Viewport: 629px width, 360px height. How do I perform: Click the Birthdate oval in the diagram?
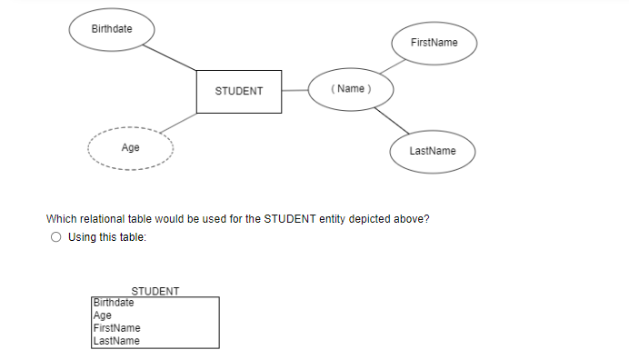[112, 29]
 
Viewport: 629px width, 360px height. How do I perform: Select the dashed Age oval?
[130, 147]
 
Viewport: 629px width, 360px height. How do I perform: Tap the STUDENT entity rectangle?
[239, 91]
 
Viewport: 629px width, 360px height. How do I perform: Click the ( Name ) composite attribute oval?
[350, 88]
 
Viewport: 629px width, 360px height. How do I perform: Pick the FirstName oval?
[434, 43]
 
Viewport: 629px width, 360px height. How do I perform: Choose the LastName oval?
[433, 150]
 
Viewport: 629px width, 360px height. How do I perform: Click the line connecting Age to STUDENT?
[177, 125]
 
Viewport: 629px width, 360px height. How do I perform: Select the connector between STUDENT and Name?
[295, 89]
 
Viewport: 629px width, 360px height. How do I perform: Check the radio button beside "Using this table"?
[56, 237]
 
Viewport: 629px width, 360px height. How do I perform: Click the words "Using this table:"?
[106, 237]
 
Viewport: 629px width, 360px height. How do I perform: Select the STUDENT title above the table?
[155, 291]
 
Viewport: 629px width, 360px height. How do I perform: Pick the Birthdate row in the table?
[114, 302]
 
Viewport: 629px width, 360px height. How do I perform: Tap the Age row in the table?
[103, 315]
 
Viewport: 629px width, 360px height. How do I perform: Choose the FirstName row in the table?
[117, 327]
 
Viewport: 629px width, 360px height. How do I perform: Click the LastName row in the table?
[117, 340]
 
